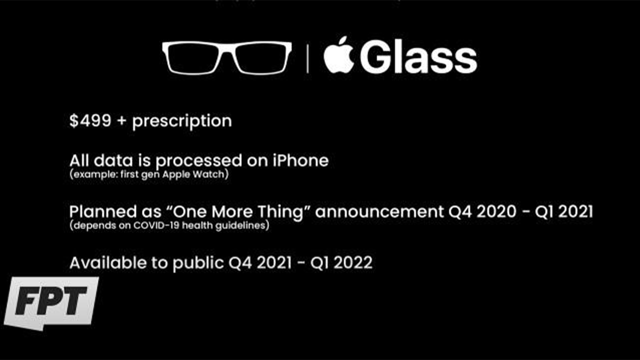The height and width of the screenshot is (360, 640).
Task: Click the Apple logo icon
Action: pos(339,55)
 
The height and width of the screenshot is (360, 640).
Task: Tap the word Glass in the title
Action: pos(418,57)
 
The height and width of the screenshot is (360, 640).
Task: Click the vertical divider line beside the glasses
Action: pos(307,58)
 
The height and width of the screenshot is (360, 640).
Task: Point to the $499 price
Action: pos(90,120)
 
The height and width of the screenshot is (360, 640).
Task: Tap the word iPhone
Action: pos(300,160)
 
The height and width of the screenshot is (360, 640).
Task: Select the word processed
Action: pos(199,161)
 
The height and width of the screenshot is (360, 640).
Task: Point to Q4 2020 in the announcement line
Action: pos(482,212)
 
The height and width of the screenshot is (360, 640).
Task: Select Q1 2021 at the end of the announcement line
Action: pos(563,212)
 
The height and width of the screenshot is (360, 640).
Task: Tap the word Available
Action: pos(108,262)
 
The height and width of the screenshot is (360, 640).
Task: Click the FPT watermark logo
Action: pos(51,303)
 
